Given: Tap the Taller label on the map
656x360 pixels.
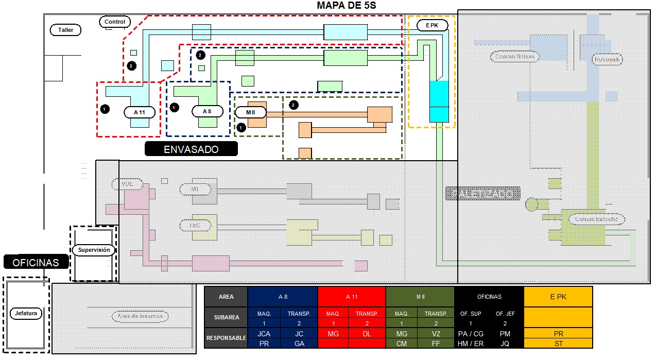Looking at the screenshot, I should [x=65, y=30].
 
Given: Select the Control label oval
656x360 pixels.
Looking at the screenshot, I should [x=114, y=22].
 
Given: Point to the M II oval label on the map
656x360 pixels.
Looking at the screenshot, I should [x=250, y=112].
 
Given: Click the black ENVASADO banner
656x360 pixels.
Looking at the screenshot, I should [x=191, y=149].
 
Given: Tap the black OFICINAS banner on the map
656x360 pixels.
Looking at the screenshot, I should [x=36, y=262].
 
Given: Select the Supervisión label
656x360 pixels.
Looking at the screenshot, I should [x=94, y=250].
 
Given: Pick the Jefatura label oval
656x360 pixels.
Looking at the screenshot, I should [x=26, y=313].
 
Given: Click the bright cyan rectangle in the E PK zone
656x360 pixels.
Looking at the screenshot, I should [x=439, y=101].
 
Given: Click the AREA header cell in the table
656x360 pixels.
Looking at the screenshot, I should [x=226, y=297].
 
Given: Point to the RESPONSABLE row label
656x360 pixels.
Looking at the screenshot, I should [x=226, y=338].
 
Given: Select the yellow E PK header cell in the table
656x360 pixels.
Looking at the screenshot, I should [x=558, y=297].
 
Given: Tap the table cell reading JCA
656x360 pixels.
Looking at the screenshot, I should [x=265, y=334].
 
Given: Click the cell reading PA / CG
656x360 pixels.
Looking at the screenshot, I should [x=471, y=334].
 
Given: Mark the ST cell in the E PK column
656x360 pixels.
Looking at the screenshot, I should [x=558, y=344].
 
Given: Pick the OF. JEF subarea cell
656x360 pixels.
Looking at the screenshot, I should [x=505, y=314].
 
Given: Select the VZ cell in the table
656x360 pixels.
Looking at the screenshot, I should [x=436, y=334].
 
